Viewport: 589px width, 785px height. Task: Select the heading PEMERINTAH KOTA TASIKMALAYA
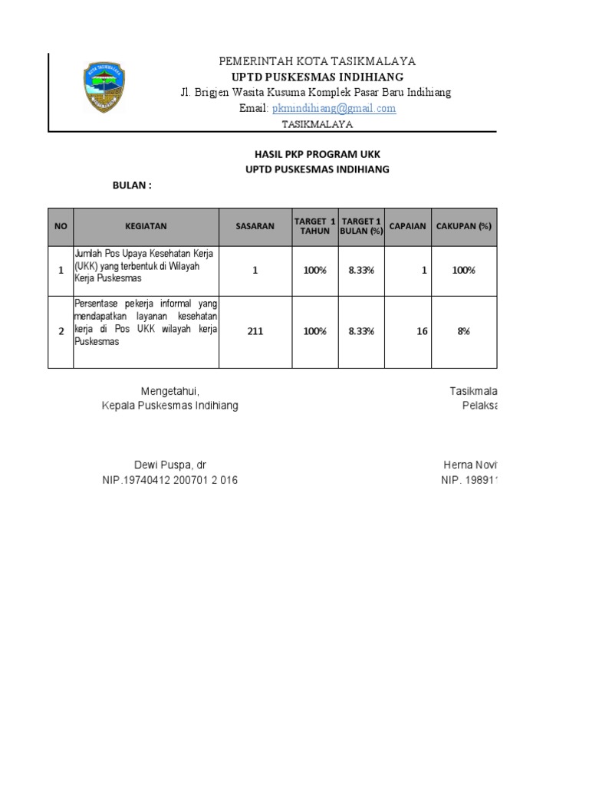pos(318,61)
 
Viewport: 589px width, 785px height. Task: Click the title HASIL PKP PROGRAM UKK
pos(316,154)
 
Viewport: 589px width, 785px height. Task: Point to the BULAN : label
pos(133,186)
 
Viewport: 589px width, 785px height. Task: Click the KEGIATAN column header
pos(146,226)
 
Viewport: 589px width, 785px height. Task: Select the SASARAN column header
pos(255,226)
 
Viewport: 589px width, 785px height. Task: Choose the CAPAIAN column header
pos(409,226)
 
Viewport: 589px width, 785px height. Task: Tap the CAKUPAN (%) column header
pos(463,226)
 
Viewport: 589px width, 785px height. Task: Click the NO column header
pos(61,226)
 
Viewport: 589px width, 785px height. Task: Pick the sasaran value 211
pos(255,331)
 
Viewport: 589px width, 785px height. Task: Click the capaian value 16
pos(422,331)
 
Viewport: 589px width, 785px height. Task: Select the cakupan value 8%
pos(463,331)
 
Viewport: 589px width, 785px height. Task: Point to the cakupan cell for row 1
pos(463,270)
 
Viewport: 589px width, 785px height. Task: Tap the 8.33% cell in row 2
pos(361,331)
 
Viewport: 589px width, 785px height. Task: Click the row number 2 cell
pos(61,331)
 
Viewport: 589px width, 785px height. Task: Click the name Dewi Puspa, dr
pos(170,465)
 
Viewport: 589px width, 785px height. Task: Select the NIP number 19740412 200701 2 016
pos(170,481)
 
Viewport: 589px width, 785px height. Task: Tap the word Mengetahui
pos(170,391)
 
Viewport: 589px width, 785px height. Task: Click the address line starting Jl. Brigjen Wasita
pos(315,93)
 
